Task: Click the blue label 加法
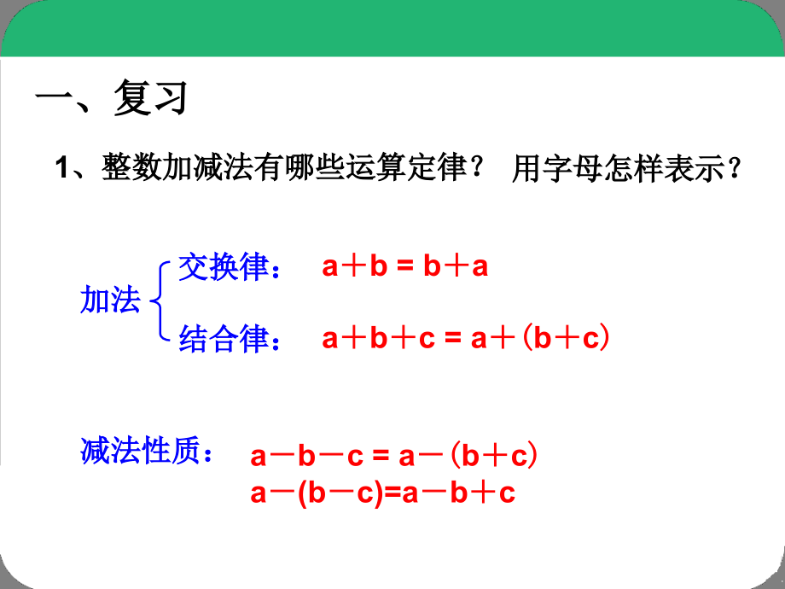(110, 300)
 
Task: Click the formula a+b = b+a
(405, 267)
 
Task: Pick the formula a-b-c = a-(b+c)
(394, 457)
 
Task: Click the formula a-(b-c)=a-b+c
(383, 493)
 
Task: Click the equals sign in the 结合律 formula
(451, 340)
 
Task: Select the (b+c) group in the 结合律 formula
(565, 339)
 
